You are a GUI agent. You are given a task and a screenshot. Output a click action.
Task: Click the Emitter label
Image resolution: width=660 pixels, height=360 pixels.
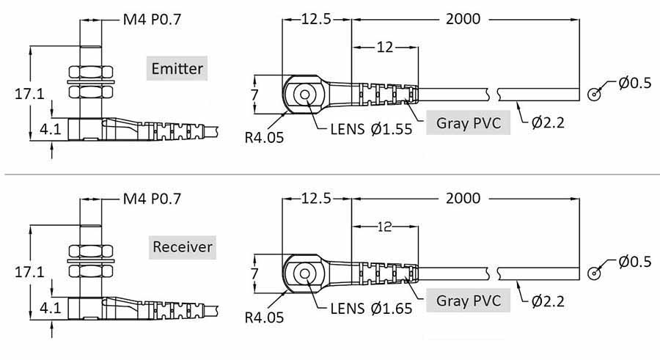click(x=176, y=70)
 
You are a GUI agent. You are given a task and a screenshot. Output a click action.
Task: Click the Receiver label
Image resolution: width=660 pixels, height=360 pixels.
click(x=182, y=246)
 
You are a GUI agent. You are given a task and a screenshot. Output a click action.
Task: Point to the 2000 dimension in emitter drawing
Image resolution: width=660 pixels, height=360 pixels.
click(x=463, y=19)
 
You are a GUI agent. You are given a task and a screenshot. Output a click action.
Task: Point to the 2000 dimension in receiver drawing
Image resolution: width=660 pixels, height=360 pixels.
click(x=463, y=198)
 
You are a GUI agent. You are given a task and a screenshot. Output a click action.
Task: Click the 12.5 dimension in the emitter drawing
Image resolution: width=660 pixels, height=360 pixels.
click(x=317, y=19)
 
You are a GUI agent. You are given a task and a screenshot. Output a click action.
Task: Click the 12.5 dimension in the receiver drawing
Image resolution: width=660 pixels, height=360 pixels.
click(x=317, y=198)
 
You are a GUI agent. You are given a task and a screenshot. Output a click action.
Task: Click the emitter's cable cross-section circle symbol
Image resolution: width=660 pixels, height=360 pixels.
click(x=595, y=94)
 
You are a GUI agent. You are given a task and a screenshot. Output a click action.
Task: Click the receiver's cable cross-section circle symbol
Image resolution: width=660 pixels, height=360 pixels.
click(x=595, y=273)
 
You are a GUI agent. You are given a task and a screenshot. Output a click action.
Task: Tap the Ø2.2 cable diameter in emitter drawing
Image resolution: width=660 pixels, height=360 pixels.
click(x=548, y=122)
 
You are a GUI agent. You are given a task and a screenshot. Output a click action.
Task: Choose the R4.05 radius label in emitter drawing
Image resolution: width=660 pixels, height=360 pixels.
click(x=264, y=136)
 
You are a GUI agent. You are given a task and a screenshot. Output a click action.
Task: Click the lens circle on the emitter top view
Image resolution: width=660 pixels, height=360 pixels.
click(x=302, y=93)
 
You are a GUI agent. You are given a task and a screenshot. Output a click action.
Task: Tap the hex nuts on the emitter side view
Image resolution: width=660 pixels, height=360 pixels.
click(x=90, y=82)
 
